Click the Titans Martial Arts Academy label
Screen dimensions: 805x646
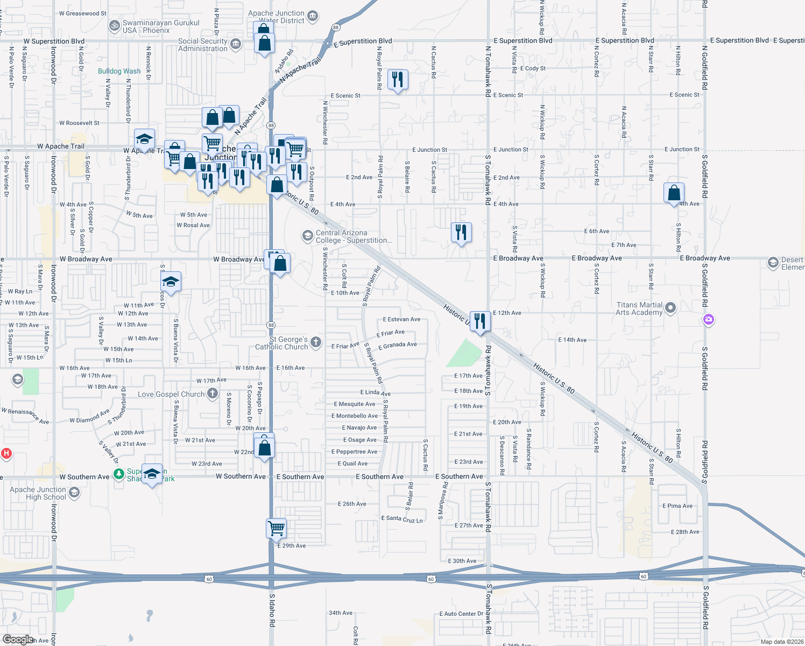click(x=639, y=308)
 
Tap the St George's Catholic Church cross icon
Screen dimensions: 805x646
click(x=316, y=342)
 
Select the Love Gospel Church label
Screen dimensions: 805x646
click(x=171, y=394)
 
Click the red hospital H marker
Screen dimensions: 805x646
click(x=6, y=453)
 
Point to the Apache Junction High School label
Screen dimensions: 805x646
click(x=38, y=493)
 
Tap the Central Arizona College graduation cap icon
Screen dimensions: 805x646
click(x=307, y=236)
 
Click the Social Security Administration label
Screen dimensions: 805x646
click(x=203, y=45)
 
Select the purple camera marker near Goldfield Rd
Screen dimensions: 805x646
click(x=709, y=320)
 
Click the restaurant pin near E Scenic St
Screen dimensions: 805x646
click(x=397, y=80)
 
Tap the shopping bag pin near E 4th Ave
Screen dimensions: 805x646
click(x=674, y=193)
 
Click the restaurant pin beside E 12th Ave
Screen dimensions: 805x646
click(x=480, y=321)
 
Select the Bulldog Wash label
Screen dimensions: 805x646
click(x=119, y=71)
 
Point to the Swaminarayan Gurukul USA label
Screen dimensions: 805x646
click(x=153, y=26)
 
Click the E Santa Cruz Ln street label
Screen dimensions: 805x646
click(x=402, y=519)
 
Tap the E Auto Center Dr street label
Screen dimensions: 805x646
click(x=461, y=614)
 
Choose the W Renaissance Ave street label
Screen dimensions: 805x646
click(x=25, y=415)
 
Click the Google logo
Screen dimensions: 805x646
click(x=18, y=640)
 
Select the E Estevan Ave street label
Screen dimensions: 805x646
click(x=401, y=319)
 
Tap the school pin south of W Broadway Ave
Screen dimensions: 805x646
click(x=171, y=282)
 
